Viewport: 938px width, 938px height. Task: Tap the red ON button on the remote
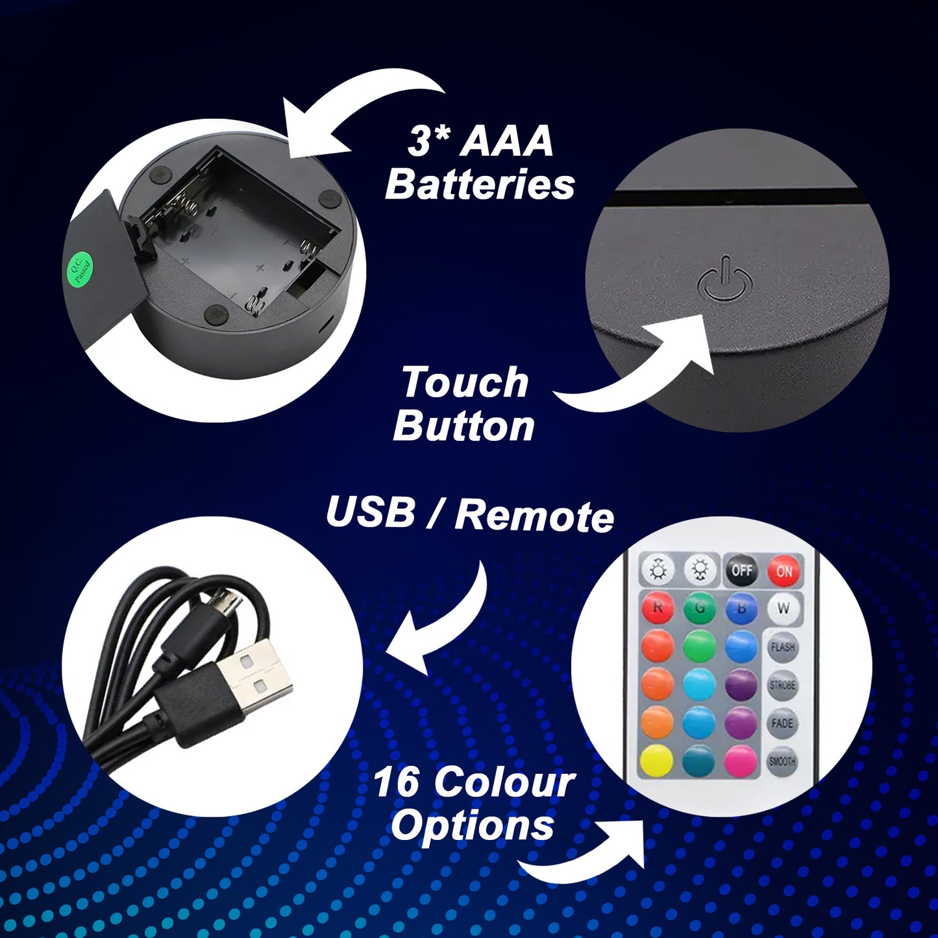tap(784, 571)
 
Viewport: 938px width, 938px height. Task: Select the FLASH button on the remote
tap(783, 647)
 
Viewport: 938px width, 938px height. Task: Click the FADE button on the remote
tap(783, 724)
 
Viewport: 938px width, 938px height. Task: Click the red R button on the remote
tap(657, 608)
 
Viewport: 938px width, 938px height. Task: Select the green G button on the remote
tap(700, 608)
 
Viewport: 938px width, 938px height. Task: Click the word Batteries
tap(480, 185)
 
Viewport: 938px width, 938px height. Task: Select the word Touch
tap(465, 382)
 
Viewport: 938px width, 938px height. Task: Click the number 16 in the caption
tap(396, 782)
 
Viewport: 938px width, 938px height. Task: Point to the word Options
tap(473, 826)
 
